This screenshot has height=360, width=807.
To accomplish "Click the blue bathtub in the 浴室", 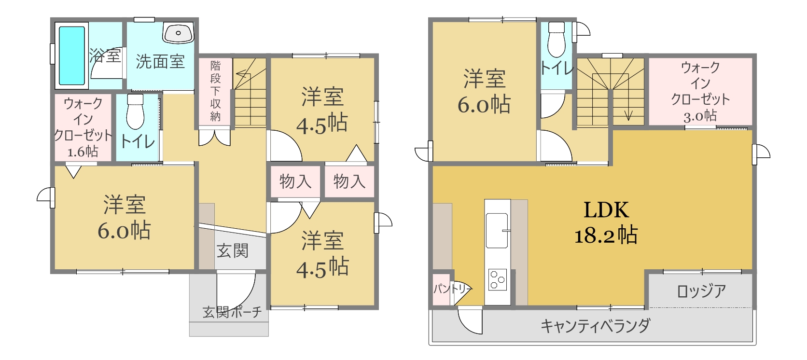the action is (x=72, y=55).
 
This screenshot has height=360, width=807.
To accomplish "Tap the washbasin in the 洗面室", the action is (x=178, y=33).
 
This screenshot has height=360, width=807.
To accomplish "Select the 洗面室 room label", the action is (x=160, y=62).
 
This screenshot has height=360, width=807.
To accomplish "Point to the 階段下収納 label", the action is (x=215, y=91).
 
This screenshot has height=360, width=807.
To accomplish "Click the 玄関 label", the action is (x=233, y=251).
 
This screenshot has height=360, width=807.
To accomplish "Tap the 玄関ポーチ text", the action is (x=232, y=312).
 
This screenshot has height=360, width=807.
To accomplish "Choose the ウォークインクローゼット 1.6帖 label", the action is (x=83, y=127).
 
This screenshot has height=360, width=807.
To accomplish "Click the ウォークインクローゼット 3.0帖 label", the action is (x=700, y=92).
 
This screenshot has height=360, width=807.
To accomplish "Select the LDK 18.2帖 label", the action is (x=606, y=222).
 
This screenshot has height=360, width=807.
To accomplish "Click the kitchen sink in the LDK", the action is (x=497, y=230).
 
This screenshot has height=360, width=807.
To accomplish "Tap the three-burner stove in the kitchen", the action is (x=498, y=279).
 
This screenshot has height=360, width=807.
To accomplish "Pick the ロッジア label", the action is (x=701, y=291).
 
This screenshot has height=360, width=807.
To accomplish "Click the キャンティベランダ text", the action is (x=595, y=326).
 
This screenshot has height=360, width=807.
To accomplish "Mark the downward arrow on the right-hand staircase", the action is (x=628, y=105).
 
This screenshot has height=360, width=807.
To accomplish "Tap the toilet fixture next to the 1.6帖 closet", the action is (x=136, y=111).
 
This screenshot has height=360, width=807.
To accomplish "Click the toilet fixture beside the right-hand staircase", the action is (x=556, y=39).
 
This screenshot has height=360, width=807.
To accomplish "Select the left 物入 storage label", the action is (x=295, y=181).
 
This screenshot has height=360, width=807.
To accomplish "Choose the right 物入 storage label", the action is (x=349, y=181).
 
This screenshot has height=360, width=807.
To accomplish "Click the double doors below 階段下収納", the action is (x=215, y=138).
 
